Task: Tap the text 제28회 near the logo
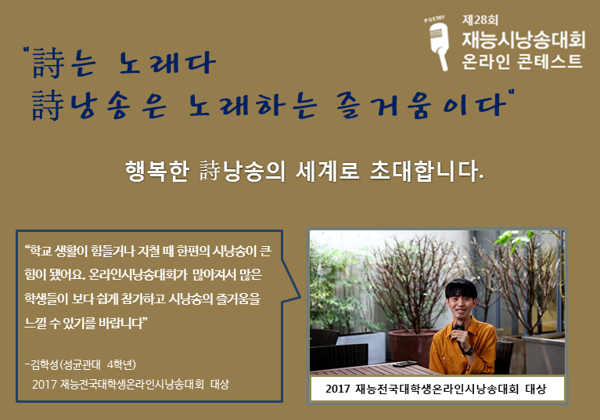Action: coord(480,20)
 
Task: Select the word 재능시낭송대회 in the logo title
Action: coord(523,40)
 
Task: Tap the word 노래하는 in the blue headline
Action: coord(253,105)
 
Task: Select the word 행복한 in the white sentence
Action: coord(157,171)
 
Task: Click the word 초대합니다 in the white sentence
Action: coord(426,171)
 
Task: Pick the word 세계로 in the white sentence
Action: coord(328,171)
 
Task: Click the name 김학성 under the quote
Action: coord(45,364)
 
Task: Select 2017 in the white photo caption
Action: coord(338,389)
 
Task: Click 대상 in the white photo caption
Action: coord(536,389)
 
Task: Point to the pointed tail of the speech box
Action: coord(300,296)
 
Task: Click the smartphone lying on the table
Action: coord(404,364)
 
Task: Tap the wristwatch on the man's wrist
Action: coord(467,350)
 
